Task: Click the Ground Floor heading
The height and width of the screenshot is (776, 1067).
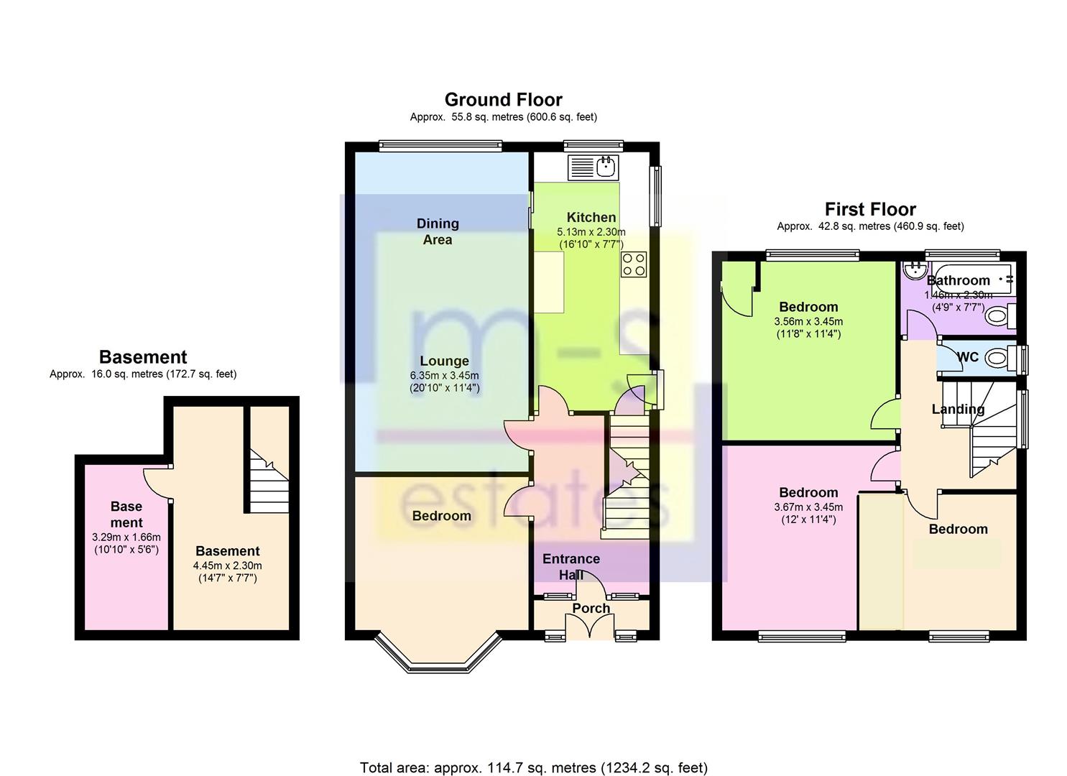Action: (x=503, y=100)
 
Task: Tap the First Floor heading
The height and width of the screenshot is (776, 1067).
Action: (x=870, y=210)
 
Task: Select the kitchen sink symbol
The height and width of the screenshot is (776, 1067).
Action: (x=593, y=167)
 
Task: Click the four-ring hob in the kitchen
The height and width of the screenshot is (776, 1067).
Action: (x=634, y=264)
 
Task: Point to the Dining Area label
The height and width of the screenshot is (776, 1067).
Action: (x=438, y=231)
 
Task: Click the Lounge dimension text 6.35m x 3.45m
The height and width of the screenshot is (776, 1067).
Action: (x=445, y=375)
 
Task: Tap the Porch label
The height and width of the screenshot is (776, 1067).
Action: (x=591, y=609)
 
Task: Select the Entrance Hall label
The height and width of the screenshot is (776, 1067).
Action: (x=571, y=567)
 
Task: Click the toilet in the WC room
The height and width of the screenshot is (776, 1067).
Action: (x=996, y=357)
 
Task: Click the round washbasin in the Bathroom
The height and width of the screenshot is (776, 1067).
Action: (x=915, y=270)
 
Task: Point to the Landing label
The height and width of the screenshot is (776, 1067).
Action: (x=958, y=410)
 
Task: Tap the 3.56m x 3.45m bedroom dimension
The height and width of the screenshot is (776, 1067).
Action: (x=808, y=322)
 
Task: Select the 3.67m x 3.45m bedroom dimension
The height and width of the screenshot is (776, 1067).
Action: (x=808, y=507)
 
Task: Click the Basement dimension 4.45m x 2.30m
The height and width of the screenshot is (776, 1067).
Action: (x=227, y=566)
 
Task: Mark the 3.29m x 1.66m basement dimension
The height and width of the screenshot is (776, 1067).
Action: (x=126, y=537)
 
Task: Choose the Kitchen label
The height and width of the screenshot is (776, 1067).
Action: (x=591, y=217)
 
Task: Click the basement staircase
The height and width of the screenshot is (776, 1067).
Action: (x=269, y=481)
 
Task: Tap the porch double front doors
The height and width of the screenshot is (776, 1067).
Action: (x=591, y=625)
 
